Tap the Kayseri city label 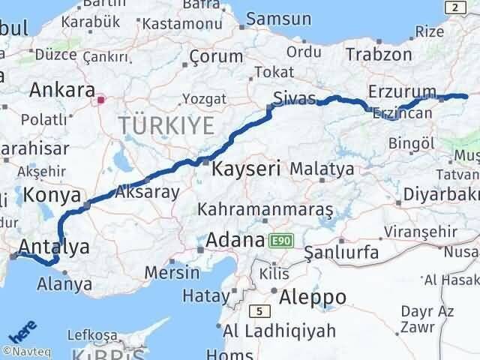pyautogui.click(x=246, y=169)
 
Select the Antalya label pyautogui.click(x=53, y=246)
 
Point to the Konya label pyautogui.click(x=52, y=195)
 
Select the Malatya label pyautogui.click(x=322, y=169)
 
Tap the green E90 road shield pyautogui.click(x=281, y=240)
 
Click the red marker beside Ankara pyautogui.click(x=101, y=97)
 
